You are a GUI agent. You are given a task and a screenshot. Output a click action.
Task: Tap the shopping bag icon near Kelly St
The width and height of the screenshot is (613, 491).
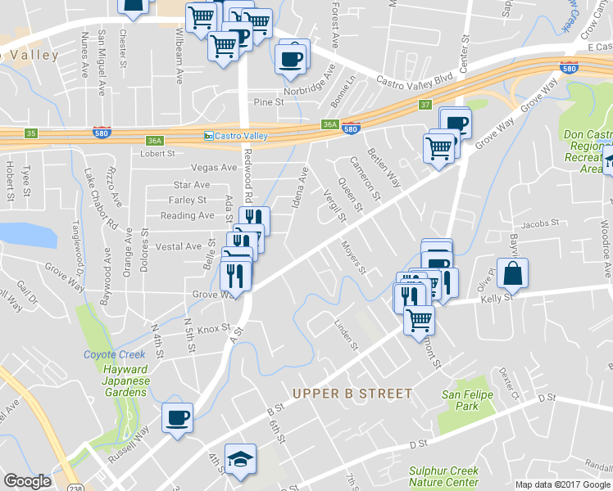pos(512,274)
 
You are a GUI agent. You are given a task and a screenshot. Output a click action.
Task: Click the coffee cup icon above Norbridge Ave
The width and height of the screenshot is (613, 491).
pos(291,57)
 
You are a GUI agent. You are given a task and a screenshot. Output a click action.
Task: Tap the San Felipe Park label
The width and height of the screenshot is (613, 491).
pos(460,400)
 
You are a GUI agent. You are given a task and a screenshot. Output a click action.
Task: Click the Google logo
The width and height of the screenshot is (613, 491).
pos(28,481)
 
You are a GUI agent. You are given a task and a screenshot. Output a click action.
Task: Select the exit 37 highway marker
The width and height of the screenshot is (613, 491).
pos(424,105)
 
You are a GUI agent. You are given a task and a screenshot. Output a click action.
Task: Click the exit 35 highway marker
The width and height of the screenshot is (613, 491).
pos(31,133)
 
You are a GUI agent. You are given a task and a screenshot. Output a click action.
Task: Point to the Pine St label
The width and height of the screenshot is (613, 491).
pos(268,102)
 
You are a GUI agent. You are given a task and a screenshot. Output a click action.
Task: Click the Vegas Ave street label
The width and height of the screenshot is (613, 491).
pos(213,167)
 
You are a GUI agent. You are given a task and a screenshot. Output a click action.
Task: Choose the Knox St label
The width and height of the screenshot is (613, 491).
pos(211,329)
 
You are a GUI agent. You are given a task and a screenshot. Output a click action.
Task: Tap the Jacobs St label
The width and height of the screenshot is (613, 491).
pos(538,223)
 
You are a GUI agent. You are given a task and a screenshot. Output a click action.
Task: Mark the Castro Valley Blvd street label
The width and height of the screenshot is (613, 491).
pos(414,79)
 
